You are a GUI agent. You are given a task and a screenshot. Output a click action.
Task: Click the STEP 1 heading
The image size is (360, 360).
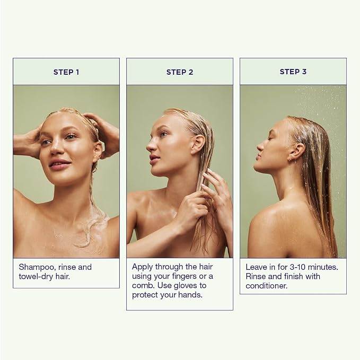pyautogui.click(x=66, y=72)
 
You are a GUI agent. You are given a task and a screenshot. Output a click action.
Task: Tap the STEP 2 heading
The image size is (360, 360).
pyautogui.click(x=180, y=72)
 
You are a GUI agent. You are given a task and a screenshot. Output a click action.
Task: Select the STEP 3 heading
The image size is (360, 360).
pyautogui.click(x=293, y=72)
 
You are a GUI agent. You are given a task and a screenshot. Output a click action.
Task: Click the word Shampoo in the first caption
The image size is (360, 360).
pyautogui.click(x=37, y=267)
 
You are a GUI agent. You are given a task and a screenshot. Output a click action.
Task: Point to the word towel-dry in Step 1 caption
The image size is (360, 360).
pyautogui.click(x=36, y=277)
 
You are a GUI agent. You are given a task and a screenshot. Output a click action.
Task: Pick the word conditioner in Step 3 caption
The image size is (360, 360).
pyautogui.click(x=266, y=286)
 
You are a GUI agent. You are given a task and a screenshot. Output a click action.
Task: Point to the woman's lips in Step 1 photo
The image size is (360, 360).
pyautogui.click(x=60, y=164)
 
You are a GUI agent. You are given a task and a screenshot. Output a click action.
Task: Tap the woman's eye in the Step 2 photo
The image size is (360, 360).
pyautogui.click(x=163, y=134)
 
